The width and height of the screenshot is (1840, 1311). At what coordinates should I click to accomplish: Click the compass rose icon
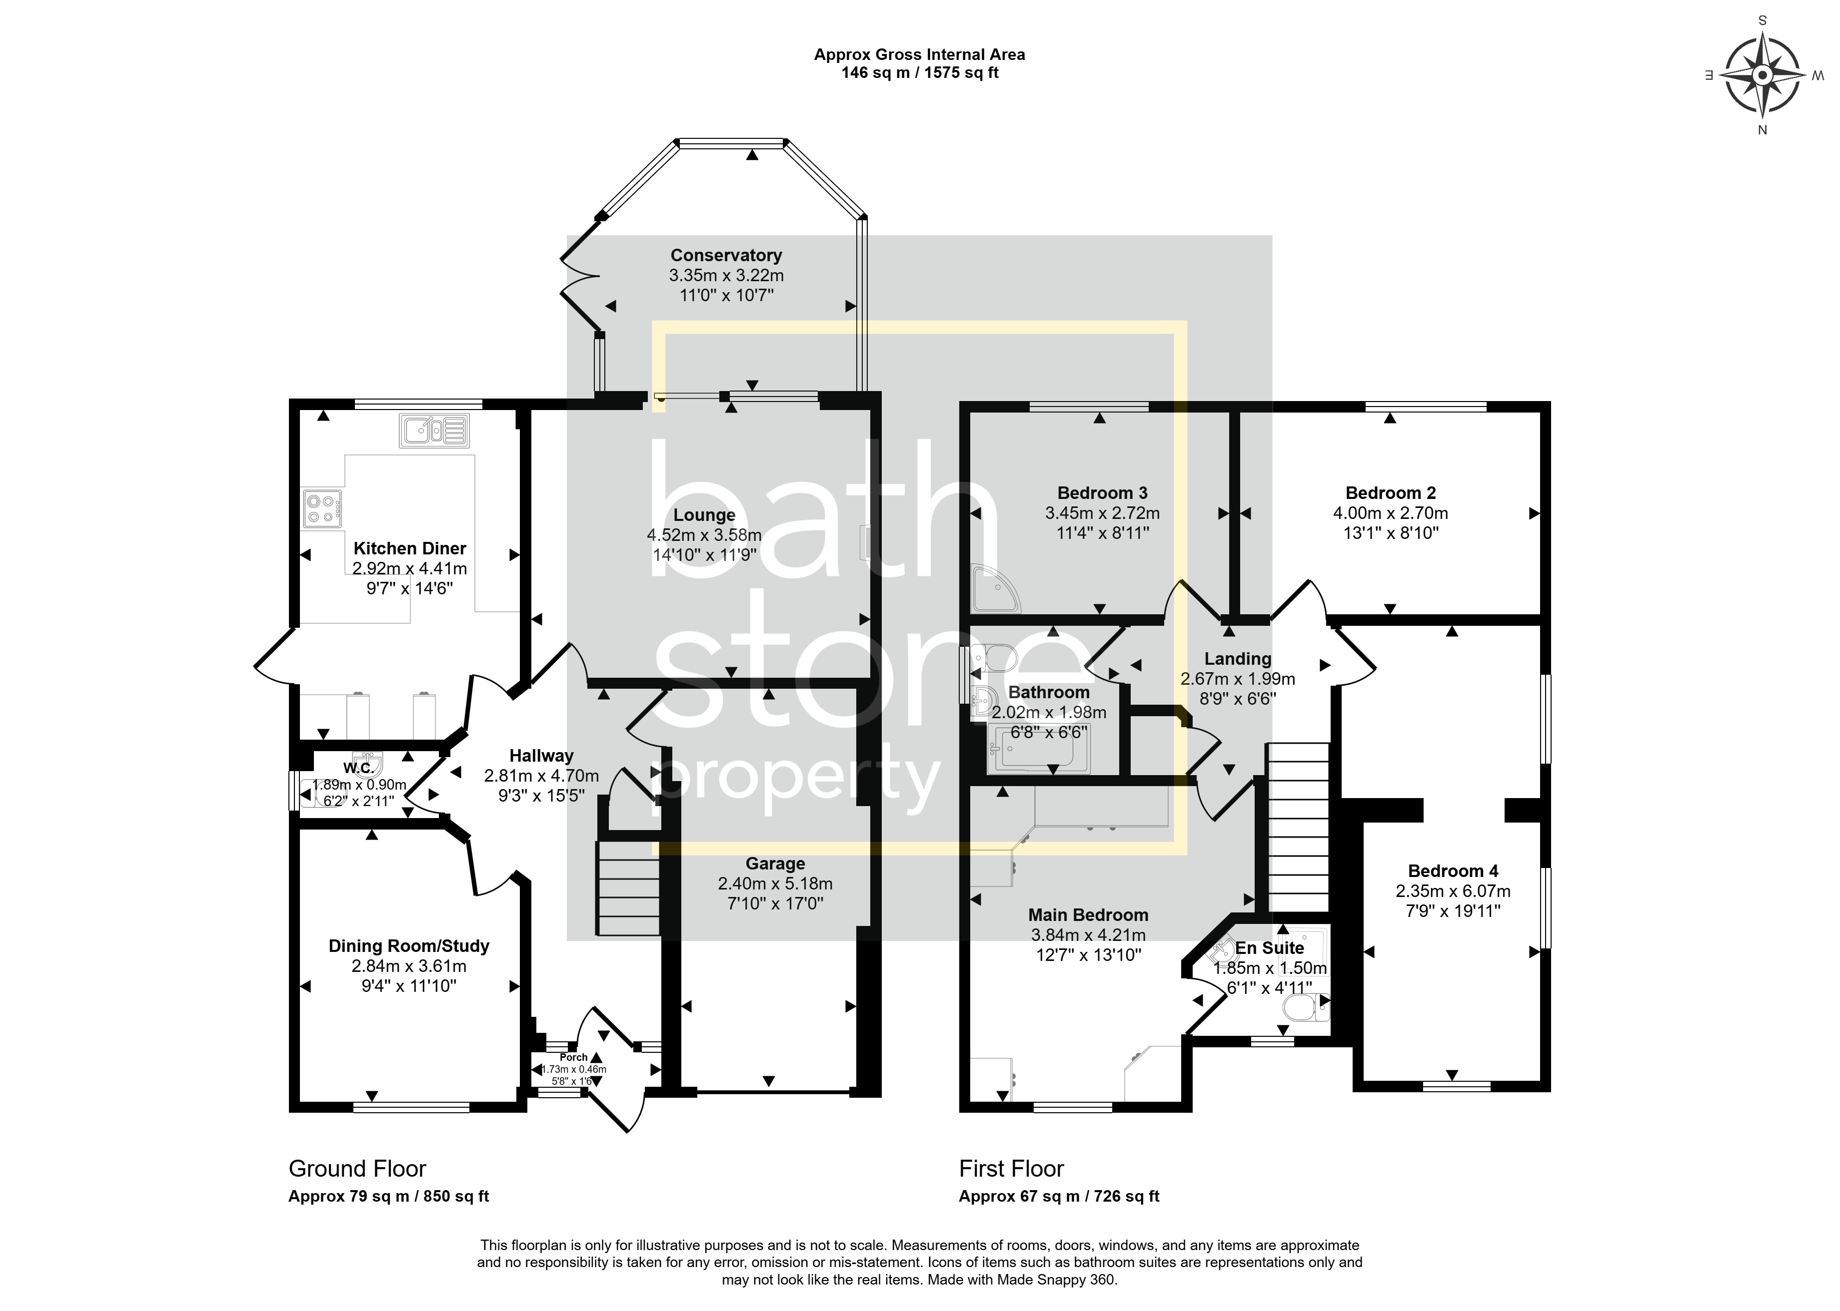point(1763,75)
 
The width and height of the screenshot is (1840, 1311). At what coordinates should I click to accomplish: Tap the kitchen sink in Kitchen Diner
point(434,431)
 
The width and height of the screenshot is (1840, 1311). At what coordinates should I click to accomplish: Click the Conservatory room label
point(726,255)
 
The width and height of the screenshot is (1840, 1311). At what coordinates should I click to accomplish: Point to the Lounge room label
point(704,515)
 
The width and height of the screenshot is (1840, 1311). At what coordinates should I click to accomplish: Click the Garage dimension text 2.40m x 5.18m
point(775,883)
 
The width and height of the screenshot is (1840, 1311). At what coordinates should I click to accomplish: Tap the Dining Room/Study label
point(409,946)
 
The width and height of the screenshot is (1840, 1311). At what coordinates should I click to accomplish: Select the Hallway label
point(541,756)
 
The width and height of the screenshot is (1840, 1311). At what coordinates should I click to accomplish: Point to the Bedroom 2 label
point(1390,492)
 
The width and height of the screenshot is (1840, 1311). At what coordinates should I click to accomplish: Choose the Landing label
point(1238,659)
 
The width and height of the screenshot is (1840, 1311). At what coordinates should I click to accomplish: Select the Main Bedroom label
point(1088,914)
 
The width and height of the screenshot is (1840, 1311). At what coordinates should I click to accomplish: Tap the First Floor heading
point(1011,1169)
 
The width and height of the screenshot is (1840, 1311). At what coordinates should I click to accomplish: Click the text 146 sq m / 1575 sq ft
point(920,72)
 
